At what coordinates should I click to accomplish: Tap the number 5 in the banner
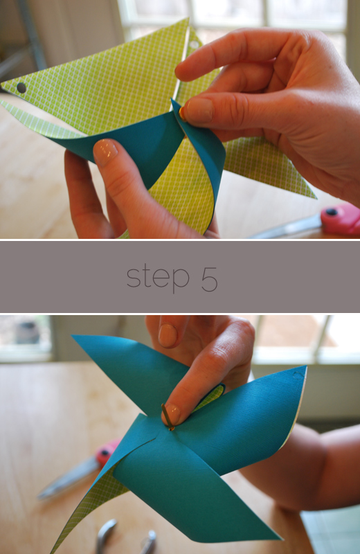210,278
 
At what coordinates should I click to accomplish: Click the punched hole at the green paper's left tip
21,88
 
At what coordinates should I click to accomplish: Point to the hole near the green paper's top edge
195,45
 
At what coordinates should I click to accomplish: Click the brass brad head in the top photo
182,114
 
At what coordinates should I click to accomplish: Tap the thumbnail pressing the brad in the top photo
199,110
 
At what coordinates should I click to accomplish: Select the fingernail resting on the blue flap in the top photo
105,152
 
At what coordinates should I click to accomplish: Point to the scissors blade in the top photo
286,229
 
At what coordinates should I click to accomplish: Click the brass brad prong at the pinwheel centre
168,417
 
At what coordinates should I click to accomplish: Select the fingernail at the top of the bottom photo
168,335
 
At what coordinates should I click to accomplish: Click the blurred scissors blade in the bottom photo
67,479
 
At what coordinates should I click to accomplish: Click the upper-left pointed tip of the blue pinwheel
73,336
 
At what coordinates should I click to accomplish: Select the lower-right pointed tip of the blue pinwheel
280,539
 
